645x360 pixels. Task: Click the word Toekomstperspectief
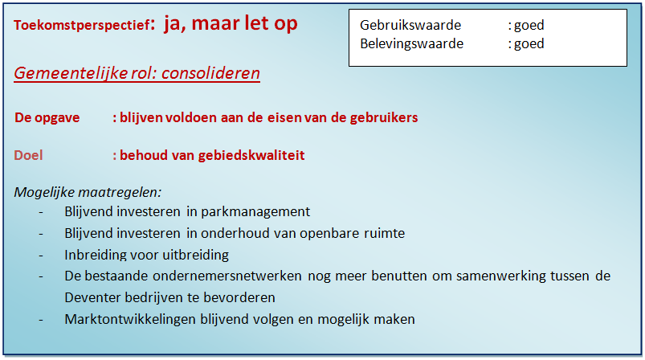pos(81,26)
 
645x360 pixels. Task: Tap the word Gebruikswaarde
pos(410,25)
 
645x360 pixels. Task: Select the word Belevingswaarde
pos(411,44)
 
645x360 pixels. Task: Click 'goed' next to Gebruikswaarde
pos(529,26)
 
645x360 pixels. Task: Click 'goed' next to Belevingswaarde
pos(529,44)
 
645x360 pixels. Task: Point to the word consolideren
pos(210,73)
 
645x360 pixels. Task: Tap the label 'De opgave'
pos(47,117)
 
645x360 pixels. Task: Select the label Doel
pos(28,155)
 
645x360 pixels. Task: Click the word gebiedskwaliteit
pos(251,156)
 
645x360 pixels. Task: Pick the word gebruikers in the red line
pos(384,117)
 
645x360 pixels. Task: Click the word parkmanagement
pos(255,212)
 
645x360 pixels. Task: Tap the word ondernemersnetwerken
pos(227,276)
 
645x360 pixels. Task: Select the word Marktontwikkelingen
pos(130,319)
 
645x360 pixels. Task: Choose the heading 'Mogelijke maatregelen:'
pos(88,192)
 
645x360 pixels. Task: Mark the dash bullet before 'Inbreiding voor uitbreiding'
pos(41,256)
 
